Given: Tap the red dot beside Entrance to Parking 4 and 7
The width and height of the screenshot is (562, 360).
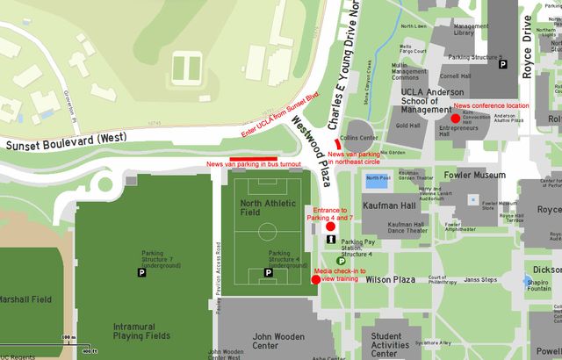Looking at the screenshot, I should [x=330, y=227].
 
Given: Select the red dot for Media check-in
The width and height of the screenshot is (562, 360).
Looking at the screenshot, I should [x=315, y=280].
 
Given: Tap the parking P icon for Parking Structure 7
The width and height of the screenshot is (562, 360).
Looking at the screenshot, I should [x=141, y=274].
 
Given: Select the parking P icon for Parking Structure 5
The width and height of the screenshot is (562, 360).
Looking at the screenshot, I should [x=502, y=64].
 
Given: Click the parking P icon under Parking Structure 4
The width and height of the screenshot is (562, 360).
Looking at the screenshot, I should [x=269, y=274].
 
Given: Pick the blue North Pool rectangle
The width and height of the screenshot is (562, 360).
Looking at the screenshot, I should [x=377, y=180].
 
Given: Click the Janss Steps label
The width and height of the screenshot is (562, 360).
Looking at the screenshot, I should [x=480, y=280].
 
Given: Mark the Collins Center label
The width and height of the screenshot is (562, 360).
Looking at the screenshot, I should [x=359, y=138].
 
